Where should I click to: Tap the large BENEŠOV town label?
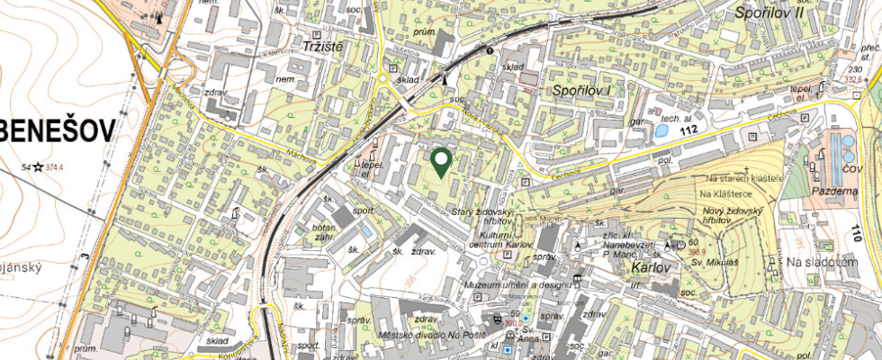(58, 132)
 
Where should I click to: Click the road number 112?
(689, 130)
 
